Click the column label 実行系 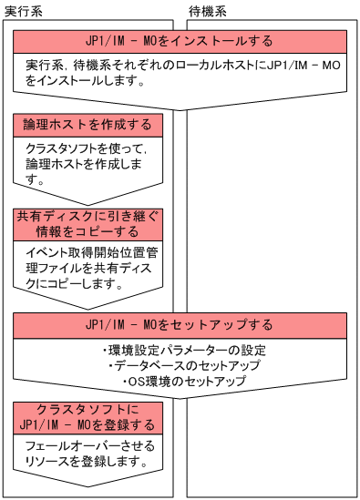[23, 8]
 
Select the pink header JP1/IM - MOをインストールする [179, 41]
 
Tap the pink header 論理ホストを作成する [87, 124]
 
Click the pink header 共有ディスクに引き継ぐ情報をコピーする [87, 224]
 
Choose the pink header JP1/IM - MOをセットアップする [179, 325]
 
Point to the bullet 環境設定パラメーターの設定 [179, 349]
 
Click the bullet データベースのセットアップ [179, 365]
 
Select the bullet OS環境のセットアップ [179, 381]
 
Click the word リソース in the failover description [56, 462]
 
